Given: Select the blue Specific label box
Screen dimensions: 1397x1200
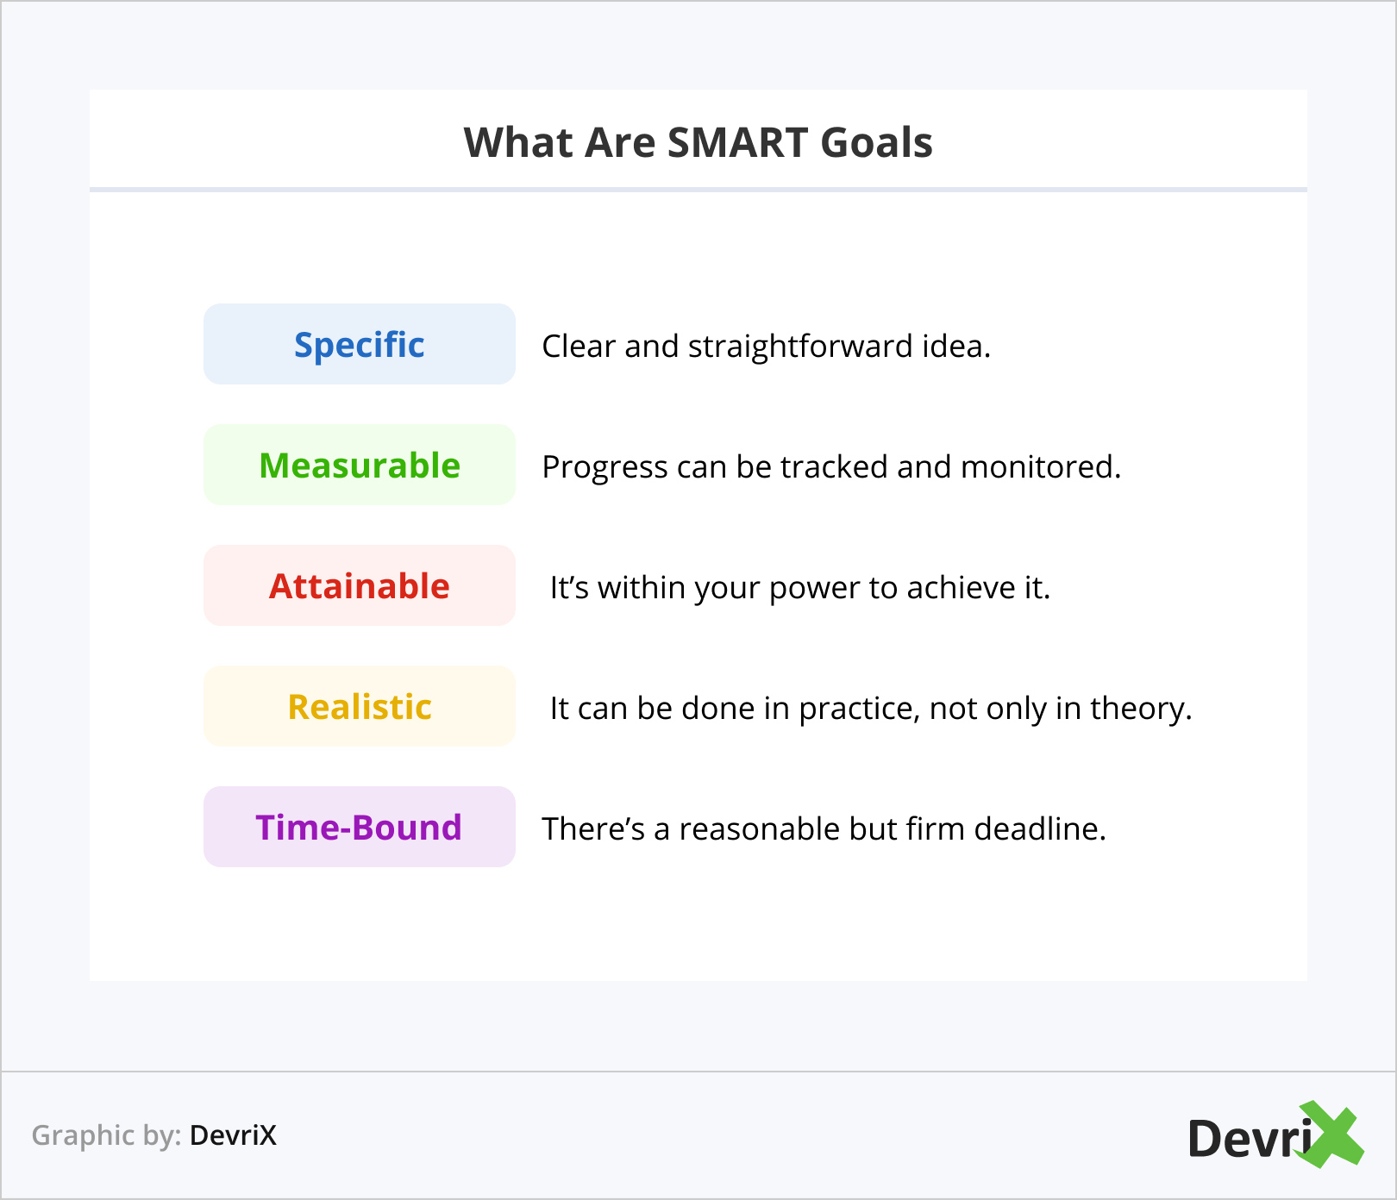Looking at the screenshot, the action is (360, 344).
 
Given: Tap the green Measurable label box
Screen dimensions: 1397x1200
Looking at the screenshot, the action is (360, 465).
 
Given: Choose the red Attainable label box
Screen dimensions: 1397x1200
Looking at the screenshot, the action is (360, 585).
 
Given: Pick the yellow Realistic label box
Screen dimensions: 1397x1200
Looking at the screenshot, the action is (360, 706).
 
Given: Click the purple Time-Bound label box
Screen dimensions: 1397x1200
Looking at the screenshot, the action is (360, 827).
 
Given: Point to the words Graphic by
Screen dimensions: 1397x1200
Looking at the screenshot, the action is (106, 1135).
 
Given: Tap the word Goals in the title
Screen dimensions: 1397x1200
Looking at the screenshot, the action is (876, 143).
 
